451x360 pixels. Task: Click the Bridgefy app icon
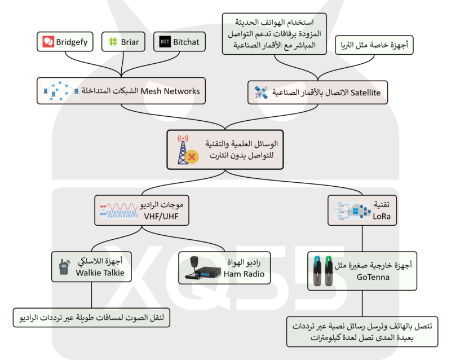click(48, 42)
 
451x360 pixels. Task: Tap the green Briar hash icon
click(113, 42)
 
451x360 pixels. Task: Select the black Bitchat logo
click(165, 42)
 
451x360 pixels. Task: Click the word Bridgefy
click(72, 42)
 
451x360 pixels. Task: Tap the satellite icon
click(260, 92)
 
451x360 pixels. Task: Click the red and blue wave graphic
click(117, 210)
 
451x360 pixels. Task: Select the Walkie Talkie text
click(100, 273)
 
